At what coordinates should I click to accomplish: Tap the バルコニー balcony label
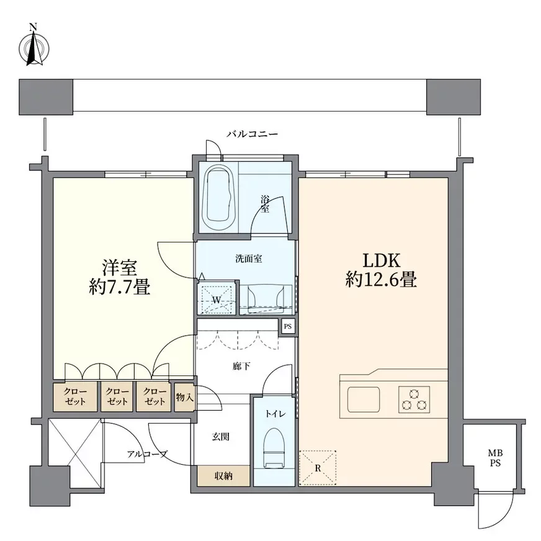(x=253, y=134)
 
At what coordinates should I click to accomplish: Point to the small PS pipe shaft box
(x=288, y=326)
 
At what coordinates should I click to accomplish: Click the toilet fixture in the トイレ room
(x=275, y=448)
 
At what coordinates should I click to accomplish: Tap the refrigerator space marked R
(x=318, y=468)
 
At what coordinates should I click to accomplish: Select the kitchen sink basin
(x=364, y=399)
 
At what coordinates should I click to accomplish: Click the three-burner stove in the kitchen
(x=414, y=399)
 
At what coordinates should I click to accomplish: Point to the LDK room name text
(x=381, y=261)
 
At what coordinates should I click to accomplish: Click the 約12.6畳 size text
(x=381, y=279)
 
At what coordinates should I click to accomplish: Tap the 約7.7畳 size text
(x=119, y=287)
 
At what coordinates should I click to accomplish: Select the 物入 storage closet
(x=185, y=397)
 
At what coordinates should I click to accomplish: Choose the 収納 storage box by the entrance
(x=223, y=476)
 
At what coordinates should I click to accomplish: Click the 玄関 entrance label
(x=220, y=437)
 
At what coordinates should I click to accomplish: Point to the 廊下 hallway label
(x=241, y=366)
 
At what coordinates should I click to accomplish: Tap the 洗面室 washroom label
(x=249, y=259)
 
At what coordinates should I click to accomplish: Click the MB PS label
(x=495, y=458)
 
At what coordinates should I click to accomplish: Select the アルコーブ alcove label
(x=147, y=454)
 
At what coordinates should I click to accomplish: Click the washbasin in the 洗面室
(x=266, y=296)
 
